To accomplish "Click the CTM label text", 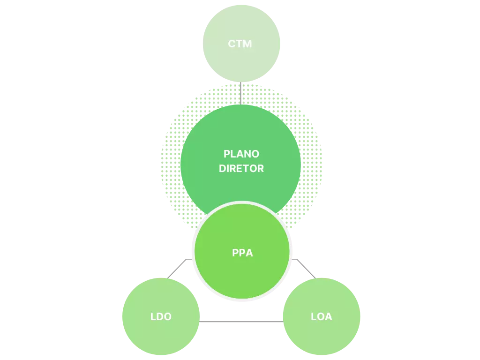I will tap(240, 44).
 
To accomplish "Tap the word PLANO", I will tap(241, 154).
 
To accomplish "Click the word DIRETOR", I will tap(241, 168).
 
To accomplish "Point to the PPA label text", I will tap(242, 253).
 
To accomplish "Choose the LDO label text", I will tap(161, 317).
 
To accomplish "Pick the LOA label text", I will tap(322, 317).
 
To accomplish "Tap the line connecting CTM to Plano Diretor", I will tap(241, 93).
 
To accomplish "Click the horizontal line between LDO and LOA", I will tap(241, 321).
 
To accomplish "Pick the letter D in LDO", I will tap(160, 317).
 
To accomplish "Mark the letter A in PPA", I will tap(249, 253).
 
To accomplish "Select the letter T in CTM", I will tap(240, 44).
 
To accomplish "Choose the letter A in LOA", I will tap(328, 317).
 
